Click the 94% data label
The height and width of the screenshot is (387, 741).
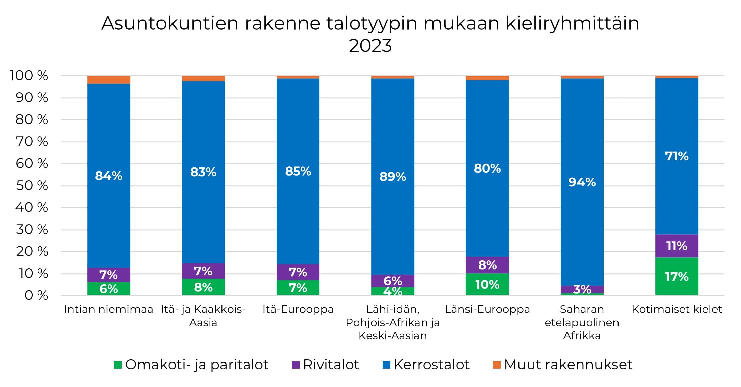coord(582,182)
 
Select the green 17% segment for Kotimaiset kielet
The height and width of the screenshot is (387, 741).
coord(677,276)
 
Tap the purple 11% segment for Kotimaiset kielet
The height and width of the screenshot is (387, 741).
coord(677,246)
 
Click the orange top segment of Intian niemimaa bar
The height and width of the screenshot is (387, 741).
coord(108,80)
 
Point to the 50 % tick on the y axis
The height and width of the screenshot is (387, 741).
coord(32,186)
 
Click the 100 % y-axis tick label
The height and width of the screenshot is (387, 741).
coord(29,76)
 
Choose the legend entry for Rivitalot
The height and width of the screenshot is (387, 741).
coord(325,365)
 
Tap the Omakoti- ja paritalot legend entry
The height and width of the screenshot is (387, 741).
coord(191,365)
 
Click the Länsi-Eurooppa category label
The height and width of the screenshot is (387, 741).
coord(487,309)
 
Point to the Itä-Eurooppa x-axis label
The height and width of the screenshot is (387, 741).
coord(298,309)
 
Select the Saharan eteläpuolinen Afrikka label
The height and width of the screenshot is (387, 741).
coord(582,322)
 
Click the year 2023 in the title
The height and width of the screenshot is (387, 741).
coord(370,46)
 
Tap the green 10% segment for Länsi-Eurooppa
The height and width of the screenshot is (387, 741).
coord(487,284)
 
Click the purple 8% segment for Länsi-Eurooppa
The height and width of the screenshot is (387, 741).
coord(487,265)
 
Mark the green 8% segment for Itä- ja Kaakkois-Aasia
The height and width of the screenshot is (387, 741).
coord(203,287)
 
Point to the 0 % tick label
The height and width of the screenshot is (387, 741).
coord(36,296)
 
